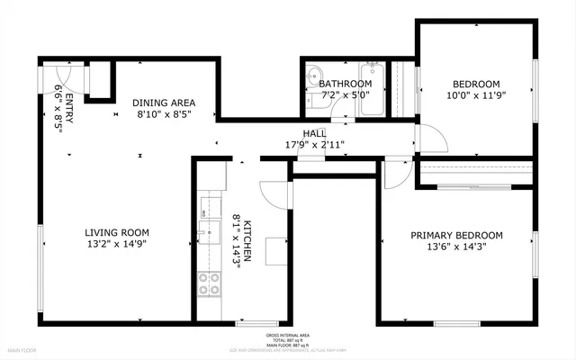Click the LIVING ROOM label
pos(117,231)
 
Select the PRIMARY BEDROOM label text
pos(456,235)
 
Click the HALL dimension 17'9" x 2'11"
pos(314,143)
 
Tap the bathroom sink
pos(313,76)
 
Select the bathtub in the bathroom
pos(372,89)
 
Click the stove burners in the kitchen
pos(210,285)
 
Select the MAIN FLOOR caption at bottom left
pos(22,349)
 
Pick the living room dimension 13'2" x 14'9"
pos(116,243)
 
